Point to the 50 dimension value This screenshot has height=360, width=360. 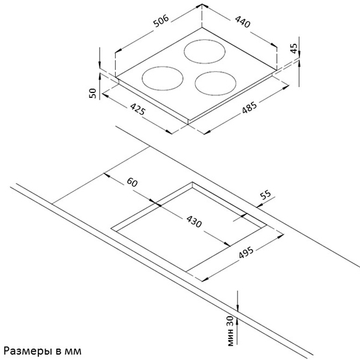click(x=92, y=92)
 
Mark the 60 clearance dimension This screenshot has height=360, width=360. click(x=133, y=182)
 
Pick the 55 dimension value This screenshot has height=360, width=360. click(x=265, y=196)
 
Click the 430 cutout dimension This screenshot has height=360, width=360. click(x=193, y=223)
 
